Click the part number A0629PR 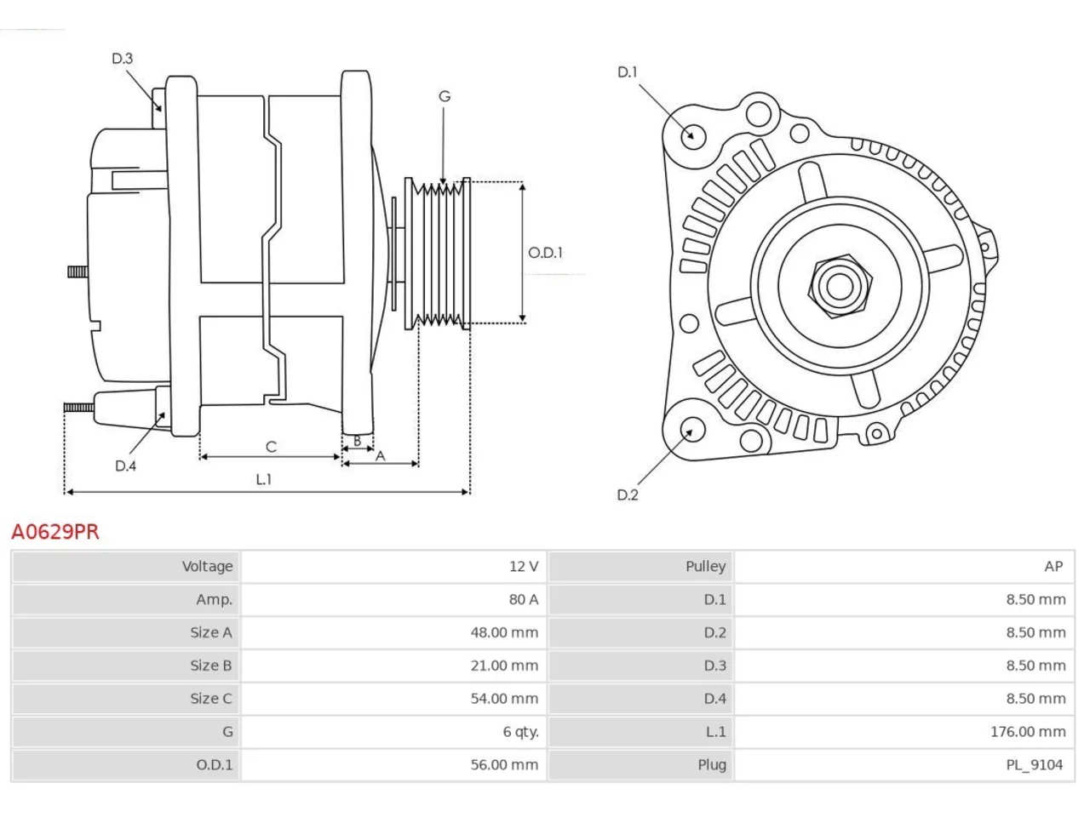55,532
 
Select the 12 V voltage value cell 524,567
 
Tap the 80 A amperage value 524,600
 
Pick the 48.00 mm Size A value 504,632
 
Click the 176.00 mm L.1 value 1028,732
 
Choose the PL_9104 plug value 1035,765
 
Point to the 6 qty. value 520,732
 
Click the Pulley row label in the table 705,567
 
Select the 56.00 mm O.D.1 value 504,765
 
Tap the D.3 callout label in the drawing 122,59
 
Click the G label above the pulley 445,96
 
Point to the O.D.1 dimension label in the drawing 545,253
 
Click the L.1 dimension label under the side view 264,479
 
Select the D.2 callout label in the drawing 628,494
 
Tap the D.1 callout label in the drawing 628,72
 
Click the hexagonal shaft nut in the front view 840,287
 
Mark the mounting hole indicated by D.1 693,135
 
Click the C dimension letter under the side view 271,447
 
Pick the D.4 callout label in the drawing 125,466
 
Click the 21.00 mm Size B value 504,666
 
